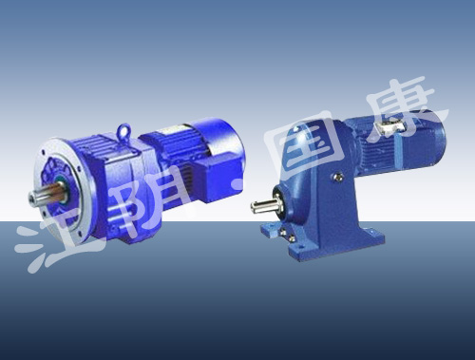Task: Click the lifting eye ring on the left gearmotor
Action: click(x=123, y=131)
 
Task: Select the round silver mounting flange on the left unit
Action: click(x=65, y=190)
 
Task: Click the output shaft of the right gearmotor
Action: click(x=264, y=205)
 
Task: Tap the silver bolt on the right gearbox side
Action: click(x=338, y=176)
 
